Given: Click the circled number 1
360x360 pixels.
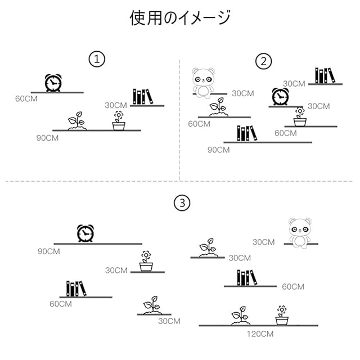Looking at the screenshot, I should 98,60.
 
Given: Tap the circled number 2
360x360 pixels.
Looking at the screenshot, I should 263,61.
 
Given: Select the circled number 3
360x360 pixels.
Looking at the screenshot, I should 180,204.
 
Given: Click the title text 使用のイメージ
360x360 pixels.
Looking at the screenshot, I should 180,18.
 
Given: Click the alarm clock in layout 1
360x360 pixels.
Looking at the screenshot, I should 53,83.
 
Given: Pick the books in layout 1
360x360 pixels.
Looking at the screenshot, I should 143,96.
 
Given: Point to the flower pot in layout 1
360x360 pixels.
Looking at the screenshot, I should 118,121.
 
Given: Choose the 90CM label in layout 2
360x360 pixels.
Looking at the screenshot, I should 218,150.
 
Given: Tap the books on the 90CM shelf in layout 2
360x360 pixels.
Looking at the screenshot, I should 246,133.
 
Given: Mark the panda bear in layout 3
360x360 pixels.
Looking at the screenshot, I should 299,231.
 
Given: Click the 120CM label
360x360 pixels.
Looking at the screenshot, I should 260,334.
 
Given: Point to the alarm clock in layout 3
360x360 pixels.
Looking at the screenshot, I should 85,233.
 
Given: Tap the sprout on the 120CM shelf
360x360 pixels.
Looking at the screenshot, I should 241,316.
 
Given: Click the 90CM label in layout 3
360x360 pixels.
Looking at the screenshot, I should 49,251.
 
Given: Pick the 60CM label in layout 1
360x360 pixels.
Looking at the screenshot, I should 26,98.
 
